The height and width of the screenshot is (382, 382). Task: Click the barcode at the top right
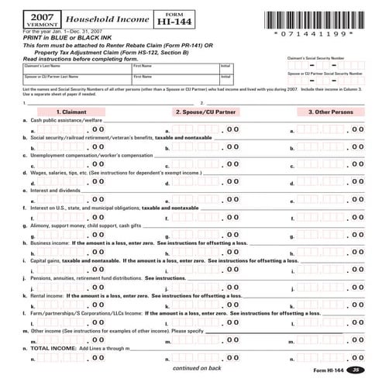[x=315, y=17]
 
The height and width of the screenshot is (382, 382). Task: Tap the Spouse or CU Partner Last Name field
[x=66, y=79]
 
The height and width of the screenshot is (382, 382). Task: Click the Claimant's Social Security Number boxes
[x=325, y=65]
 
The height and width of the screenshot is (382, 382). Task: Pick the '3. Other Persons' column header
[x=330, y=112]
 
